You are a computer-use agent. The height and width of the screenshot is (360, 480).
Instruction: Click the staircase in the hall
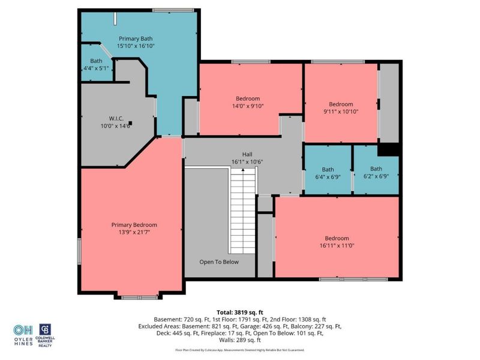[242, 210]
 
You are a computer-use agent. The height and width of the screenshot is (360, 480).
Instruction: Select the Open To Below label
[218, 262]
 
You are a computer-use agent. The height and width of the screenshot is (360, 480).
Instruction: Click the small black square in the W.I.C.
[131, 124]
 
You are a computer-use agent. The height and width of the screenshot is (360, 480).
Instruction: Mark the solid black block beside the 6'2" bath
[389, 150]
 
